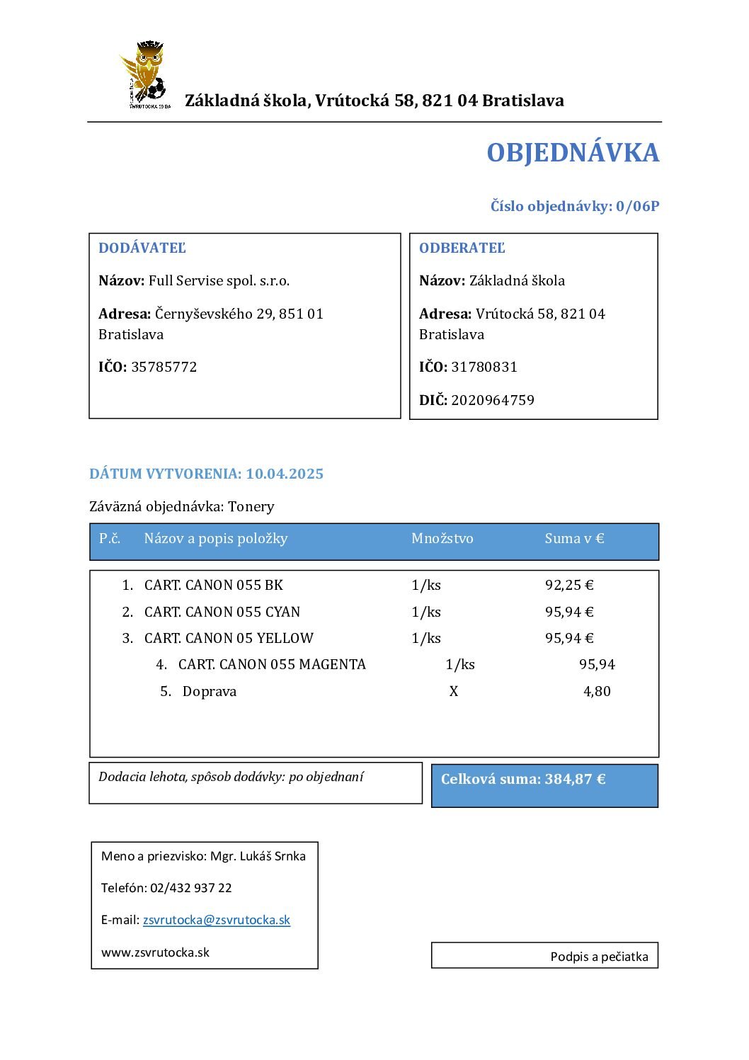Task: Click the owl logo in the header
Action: coord(146,74)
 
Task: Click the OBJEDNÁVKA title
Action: coord(573,153)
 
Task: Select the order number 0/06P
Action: coord(637,206)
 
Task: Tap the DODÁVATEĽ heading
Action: coord(142,248)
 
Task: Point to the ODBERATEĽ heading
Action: coord(462,248)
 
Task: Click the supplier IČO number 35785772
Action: coord(164,367)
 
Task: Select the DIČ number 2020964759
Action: coord(493,400)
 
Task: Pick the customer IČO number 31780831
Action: coord(484,367)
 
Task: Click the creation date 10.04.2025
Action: coord(285,474)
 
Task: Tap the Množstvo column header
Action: coord(442,538)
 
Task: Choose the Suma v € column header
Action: coord(574,538)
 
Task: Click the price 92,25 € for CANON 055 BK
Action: coord(569,585)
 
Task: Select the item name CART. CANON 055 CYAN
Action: coord(222,612)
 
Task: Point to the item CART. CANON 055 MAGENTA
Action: coord(272,664)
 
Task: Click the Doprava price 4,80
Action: coord(597,691)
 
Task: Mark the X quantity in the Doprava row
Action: coord(454,691)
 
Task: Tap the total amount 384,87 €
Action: coord(576,779)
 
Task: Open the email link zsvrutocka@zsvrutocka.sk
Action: coord(217,920)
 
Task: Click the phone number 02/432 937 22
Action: coord(191,888)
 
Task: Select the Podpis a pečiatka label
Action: coord(599,957)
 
